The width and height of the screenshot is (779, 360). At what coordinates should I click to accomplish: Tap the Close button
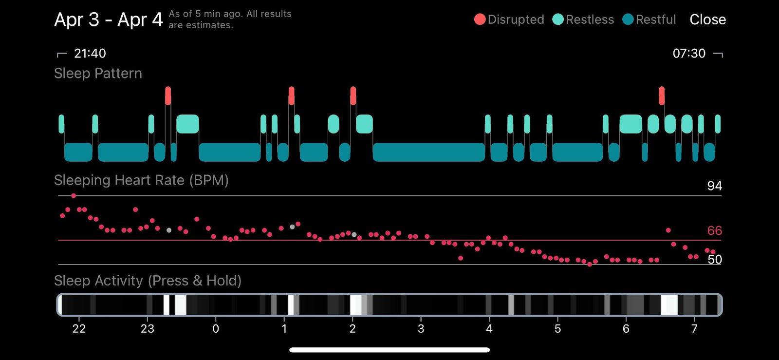[x=708, y=19]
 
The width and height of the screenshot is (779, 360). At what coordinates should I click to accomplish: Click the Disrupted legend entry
[x=509, y=19]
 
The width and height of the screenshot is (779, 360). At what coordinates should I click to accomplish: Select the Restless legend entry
[x=583, y=19]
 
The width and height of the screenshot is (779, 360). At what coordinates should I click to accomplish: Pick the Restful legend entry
[x=649, y=19]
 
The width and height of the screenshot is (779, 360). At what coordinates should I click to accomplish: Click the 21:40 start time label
[x=90, y=53]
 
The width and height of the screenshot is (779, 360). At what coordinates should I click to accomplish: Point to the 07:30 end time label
[x=689, y=53]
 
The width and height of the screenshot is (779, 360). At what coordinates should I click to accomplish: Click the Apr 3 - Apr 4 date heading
[x=109, y=19]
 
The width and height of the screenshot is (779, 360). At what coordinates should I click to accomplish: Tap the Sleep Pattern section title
[x=98, y=74]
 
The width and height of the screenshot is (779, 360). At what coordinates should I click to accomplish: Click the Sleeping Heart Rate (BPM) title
[x=141, y=180]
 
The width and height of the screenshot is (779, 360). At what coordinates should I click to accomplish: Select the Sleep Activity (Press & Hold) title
[x=148, y=281]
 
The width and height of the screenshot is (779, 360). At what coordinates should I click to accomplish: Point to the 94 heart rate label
[x=715, y=186]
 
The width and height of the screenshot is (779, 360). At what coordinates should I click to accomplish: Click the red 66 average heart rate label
[x=715, y=230]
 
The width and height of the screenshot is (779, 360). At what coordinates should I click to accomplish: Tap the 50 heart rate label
[x=715, y=260]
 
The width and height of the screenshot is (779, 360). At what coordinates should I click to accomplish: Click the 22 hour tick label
[x=79, y=329]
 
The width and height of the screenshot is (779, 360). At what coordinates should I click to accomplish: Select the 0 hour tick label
[x=216, y=329]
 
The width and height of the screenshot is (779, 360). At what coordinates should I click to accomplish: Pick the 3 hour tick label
[x=421, y=329]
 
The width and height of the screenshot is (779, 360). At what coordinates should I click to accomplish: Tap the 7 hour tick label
[x=694, y=329]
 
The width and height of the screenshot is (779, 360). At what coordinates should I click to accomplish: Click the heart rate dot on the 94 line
[x=74, y=195]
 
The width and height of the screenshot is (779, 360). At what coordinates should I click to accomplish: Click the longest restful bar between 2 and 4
[x=429, y=152]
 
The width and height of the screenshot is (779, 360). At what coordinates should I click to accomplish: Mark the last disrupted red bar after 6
[x=662, y=96]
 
